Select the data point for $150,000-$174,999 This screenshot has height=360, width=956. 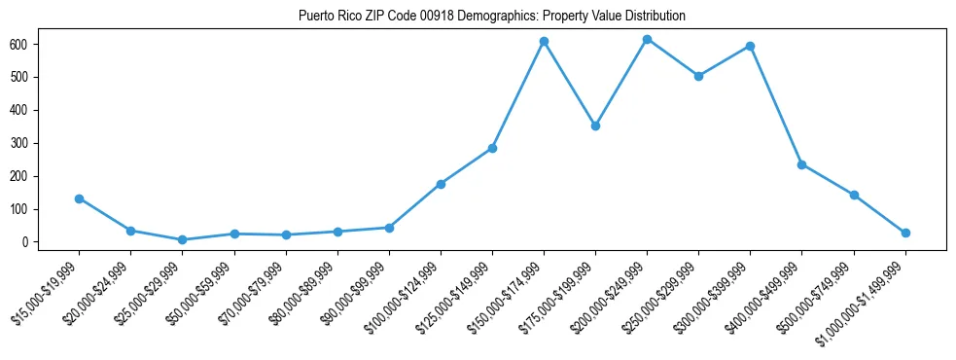544,42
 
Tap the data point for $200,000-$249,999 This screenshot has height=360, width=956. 647,39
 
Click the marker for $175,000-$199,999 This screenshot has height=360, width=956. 595,126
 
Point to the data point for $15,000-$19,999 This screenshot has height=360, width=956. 79,198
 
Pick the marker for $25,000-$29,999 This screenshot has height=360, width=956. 182,239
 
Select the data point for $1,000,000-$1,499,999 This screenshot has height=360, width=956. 905,233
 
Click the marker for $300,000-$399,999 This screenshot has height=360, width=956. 750,46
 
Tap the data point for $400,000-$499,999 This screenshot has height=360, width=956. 801,164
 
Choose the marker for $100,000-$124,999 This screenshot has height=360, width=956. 441,184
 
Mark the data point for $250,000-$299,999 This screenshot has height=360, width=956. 698,76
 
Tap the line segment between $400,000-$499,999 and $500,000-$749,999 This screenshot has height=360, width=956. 828,180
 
